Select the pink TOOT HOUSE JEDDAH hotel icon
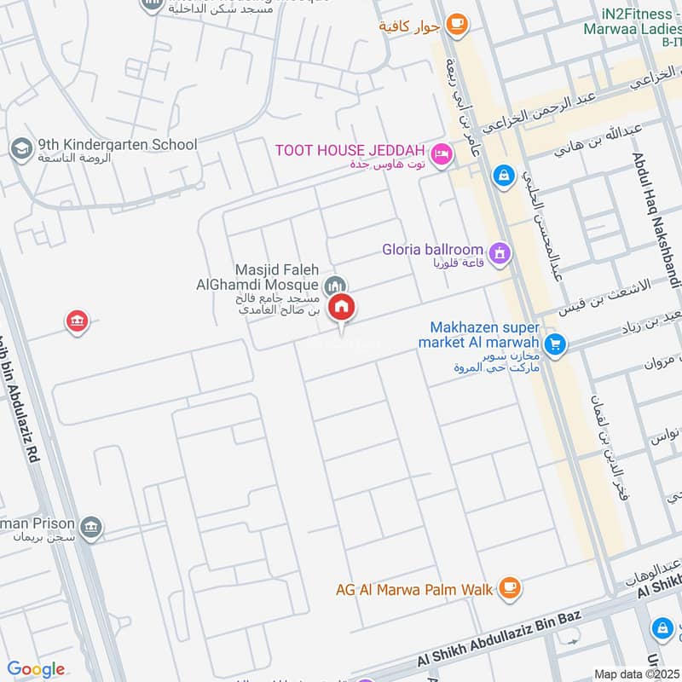point(441,154)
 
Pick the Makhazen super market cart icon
point(556,344)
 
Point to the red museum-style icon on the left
point(77,321)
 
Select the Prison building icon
point(93,529)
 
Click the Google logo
point(36,669)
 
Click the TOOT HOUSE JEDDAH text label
point(350,150)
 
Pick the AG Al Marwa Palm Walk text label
point(413,588)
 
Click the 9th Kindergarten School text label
point(118,145)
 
